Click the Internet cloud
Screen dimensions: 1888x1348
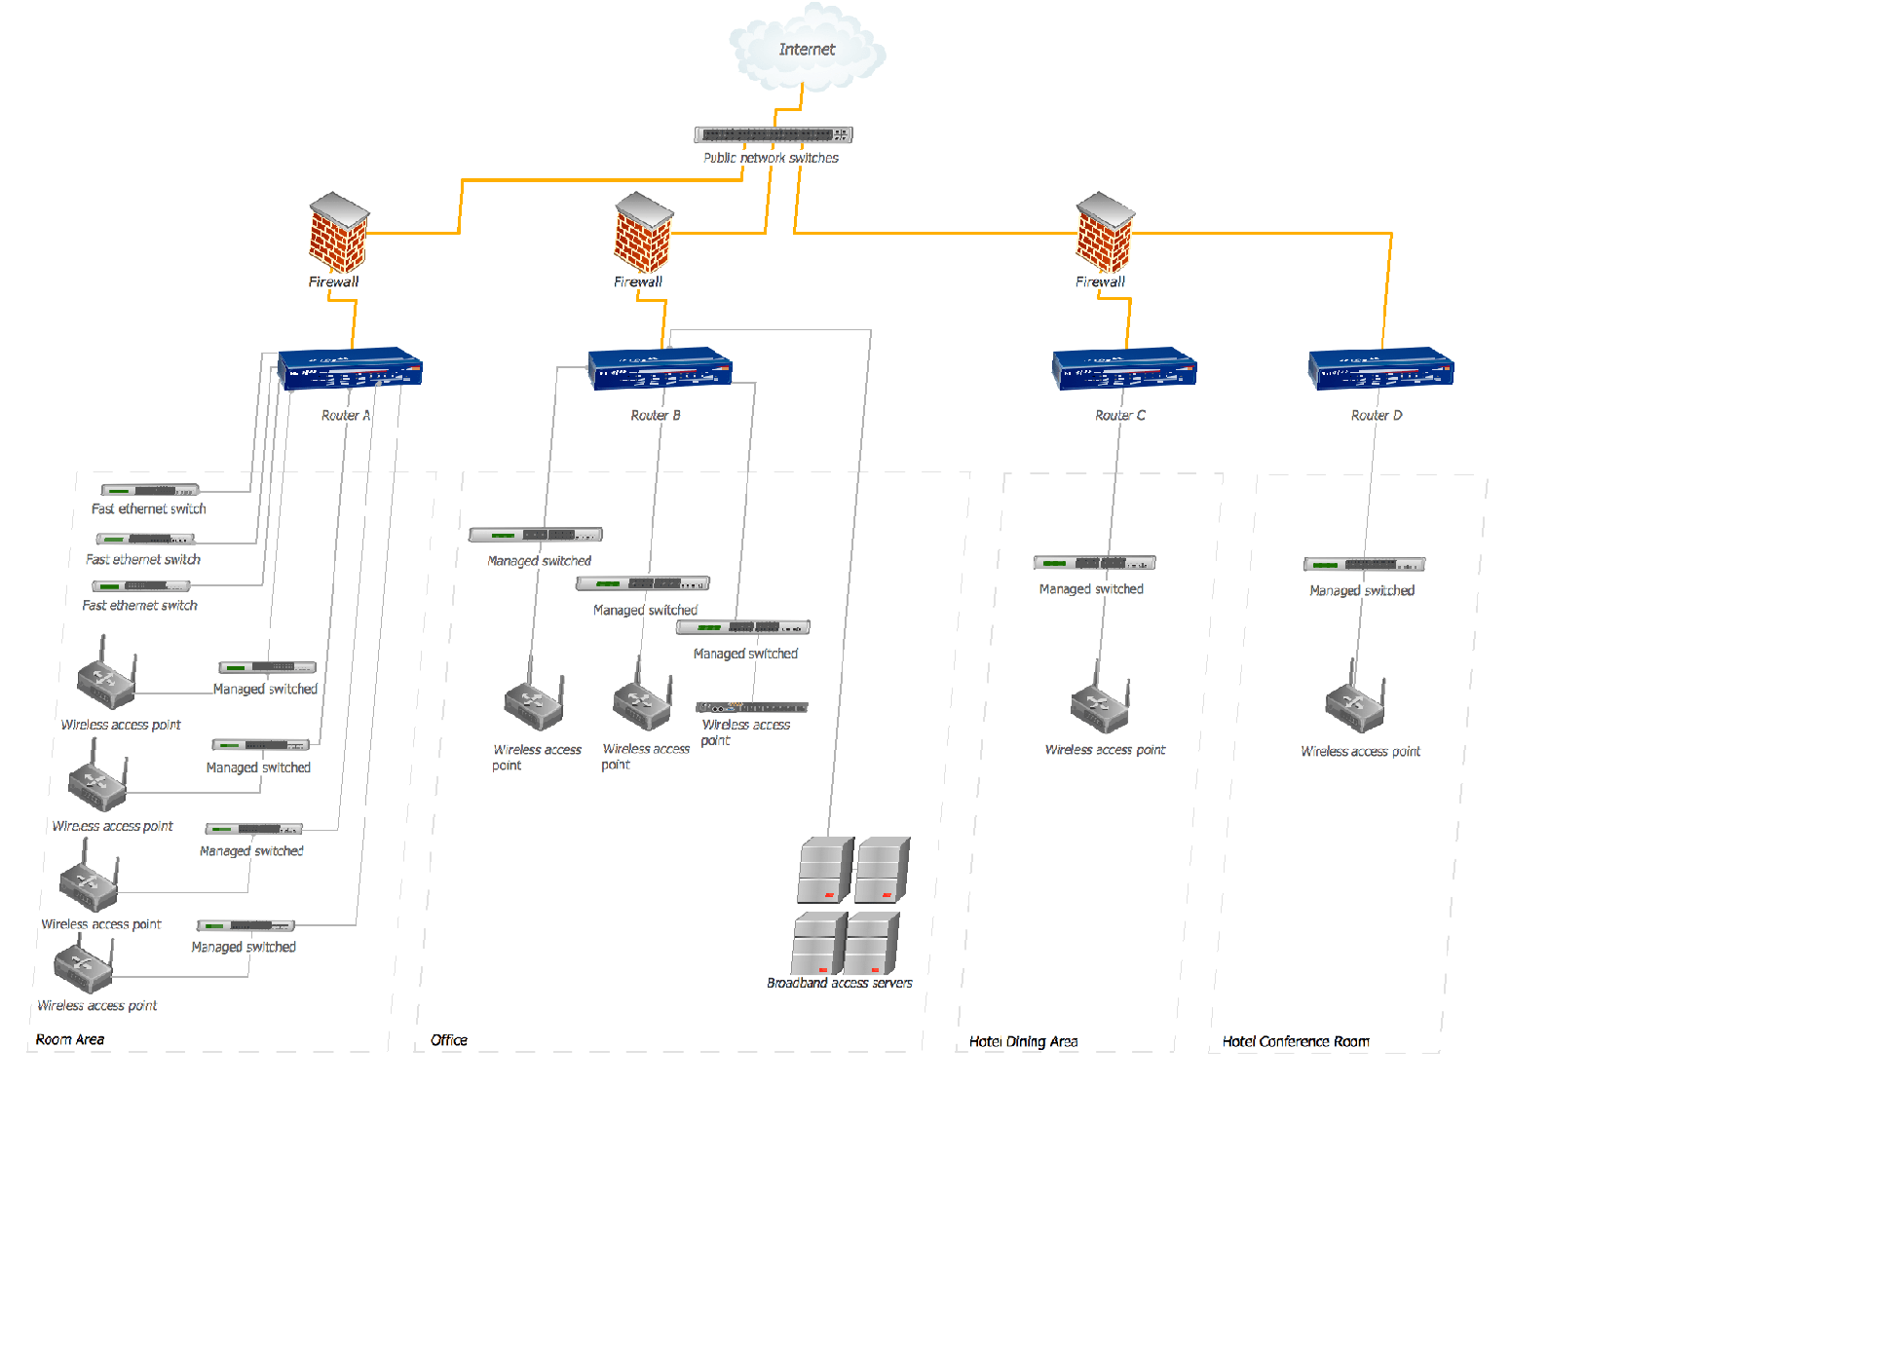(808, 47)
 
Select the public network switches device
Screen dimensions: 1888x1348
(774, 134)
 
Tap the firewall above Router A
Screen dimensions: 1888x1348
(338, 232)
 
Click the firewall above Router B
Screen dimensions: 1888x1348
(643, 232)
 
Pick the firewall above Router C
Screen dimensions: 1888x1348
(1105, 232)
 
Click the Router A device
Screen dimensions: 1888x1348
(350, 368)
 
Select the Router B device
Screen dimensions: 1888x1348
(660, 368)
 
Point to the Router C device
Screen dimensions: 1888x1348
(1124, 368)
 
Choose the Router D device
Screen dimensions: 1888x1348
(1380, 368)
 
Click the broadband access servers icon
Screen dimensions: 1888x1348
(850, 905)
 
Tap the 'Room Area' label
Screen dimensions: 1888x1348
(70, 1039)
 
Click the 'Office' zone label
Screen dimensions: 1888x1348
(449, 1040)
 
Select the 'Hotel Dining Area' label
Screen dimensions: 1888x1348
(1024, 1041)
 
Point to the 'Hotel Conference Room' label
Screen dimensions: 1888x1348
(1296, 1041)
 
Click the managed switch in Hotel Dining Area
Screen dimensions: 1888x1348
(1094, 563)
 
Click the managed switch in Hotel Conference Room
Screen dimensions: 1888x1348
(1364, 565)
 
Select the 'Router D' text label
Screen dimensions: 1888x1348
(1377, 415)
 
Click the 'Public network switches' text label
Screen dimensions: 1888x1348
(771, 158)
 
